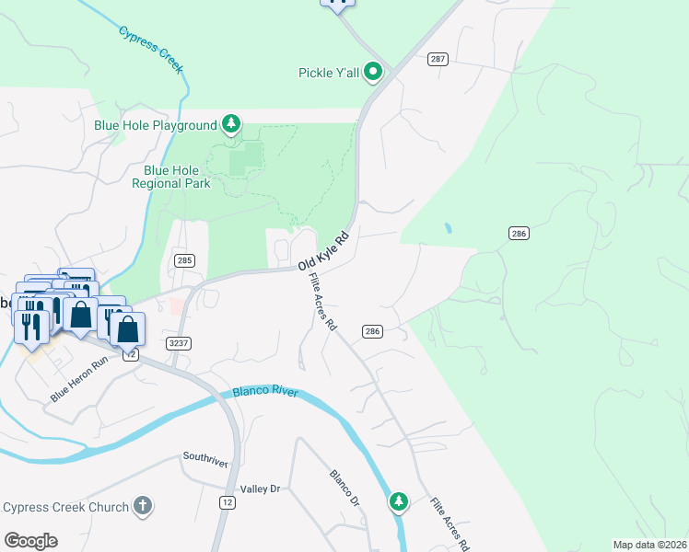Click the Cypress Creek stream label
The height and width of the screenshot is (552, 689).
coord(151,50)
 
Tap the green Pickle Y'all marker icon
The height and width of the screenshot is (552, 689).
coord(373,71)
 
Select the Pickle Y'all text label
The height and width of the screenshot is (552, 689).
coord(329,72)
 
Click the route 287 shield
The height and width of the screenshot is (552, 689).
coord(438,59)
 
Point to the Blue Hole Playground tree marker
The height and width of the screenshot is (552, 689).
coord(231,124)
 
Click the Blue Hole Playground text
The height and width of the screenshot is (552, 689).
coord(155,124)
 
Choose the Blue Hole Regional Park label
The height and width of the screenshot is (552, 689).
coord(177,177)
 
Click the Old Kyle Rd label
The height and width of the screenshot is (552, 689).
coord(324,251)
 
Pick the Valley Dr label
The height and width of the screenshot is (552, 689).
coord(259,489)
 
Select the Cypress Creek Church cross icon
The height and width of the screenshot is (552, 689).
coord(142,505)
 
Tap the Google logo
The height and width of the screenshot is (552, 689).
coord(30,540)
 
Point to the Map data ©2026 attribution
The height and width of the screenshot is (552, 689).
coord(649,545)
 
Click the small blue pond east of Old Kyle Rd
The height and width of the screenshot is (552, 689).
coord(448,227)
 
